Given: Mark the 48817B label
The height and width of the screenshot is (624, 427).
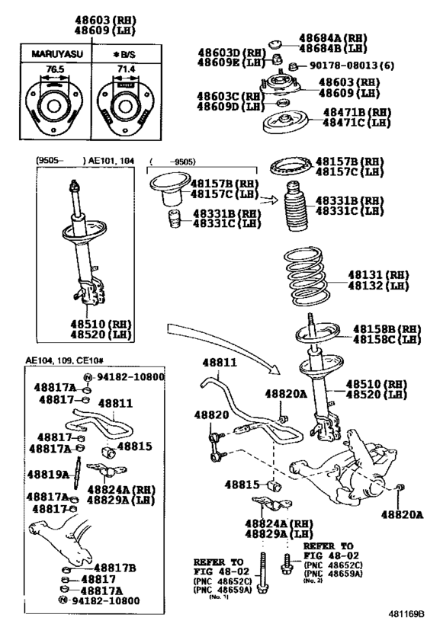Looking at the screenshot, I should [115, 567].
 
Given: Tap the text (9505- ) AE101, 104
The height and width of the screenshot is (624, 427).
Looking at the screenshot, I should [76, 161].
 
